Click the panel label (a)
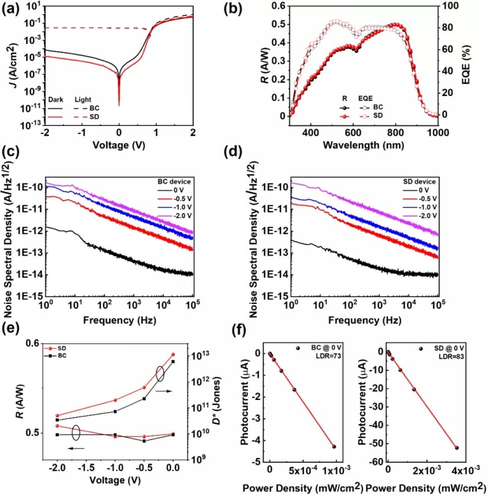(x=13, y=9)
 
